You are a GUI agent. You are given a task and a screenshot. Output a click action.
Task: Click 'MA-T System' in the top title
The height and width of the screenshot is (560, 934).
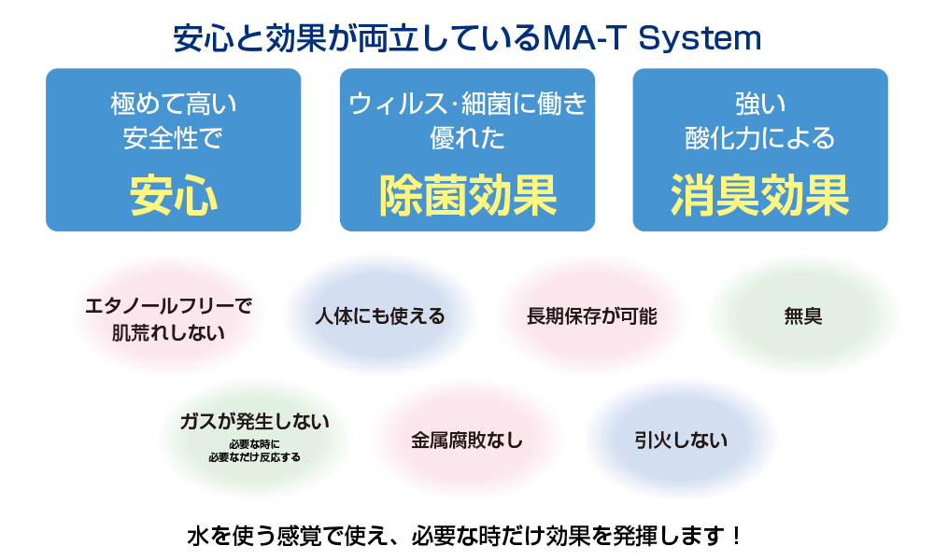coord(651,38)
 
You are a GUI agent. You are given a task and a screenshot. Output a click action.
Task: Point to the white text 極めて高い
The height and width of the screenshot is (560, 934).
coord(174,102)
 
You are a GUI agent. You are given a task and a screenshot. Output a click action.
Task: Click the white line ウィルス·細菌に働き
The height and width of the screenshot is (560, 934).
coord(467,102)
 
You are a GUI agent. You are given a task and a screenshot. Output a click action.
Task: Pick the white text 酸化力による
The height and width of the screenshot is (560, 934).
coord(760,139)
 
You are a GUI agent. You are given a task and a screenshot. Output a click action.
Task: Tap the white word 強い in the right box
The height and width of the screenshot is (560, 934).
coord(760,102)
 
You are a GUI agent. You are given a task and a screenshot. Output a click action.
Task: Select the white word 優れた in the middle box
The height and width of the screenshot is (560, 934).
coord(467,139)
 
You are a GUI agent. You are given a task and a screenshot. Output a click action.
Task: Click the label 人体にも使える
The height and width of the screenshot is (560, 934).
coord(379,315)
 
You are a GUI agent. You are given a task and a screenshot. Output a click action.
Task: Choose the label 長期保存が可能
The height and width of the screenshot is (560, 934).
coord(591,315)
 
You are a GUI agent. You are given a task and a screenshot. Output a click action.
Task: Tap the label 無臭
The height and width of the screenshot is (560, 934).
coord(802,315)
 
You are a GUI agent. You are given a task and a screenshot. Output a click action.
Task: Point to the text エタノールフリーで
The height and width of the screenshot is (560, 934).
coord(169,305)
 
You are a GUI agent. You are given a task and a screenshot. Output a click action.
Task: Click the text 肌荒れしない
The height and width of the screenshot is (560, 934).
coord(169,330)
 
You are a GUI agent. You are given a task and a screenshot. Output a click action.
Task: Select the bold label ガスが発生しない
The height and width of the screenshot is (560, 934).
coord(254,421)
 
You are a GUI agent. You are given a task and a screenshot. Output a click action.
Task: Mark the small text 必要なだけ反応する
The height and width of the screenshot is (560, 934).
coord(254,457)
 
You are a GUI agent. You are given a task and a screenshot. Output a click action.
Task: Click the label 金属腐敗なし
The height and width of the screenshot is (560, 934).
coord(467,440)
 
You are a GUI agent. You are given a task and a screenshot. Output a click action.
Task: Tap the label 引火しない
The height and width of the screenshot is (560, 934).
coord(680,440)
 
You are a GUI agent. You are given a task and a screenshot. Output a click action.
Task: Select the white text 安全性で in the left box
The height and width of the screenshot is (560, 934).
coord(174,139)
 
